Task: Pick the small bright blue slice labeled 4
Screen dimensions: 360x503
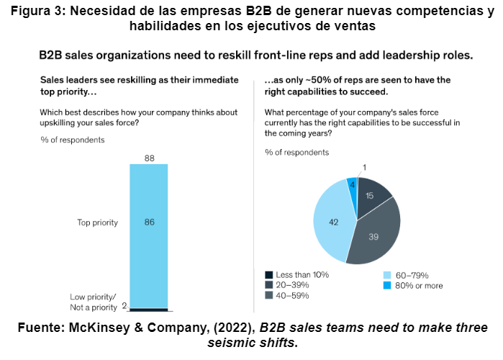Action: [x=352, y=185]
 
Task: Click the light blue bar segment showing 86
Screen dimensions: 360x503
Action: [x=148, y=222]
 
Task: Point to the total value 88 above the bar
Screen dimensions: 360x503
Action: [x=148, y=158]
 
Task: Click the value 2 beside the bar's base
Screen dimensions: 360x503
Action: [x=124, y=305]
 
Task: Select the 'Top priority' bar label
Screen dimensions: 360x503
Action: [x=97, y=222]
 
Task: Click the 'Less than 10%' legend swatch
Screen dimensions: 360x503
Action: [x=269, y=275]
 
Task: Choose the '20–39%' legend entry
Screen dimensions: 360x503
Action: [x=291, y=285]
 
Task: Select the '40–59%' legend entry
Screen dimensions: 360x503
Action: [x=291, y=295]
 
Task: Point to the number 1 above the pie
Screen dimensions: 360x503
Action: [x=364, y=167]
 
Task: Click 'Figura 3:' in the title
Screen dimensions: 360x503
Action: [x=37, y=12]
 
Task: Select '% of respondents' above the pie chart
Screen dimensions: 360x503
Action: [x=296, y=152]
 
